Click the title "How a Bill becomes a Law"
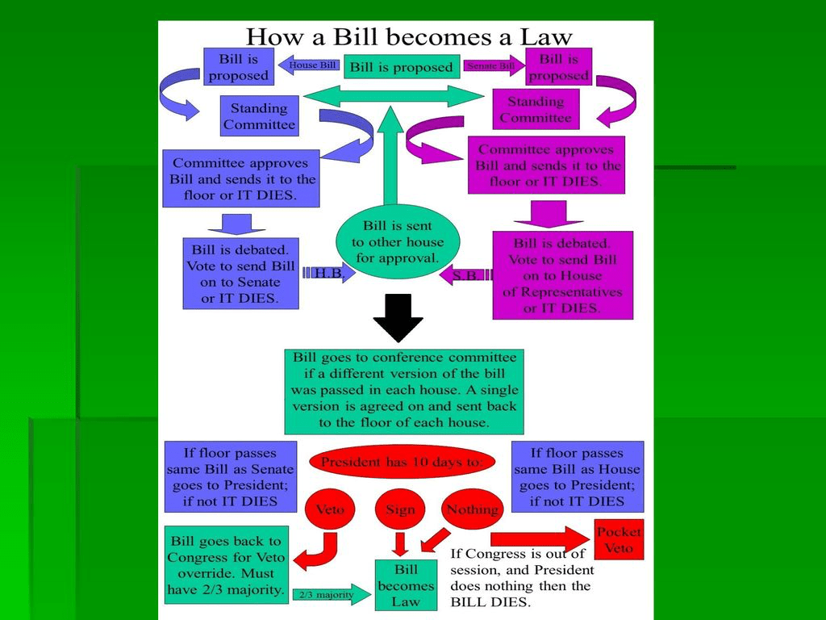(x=408, y=37)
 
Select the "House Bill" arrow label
(x=310, y=65)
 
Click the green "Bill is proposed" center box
(x=402, y=67)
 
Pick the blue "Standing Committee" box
(x=259, y=116)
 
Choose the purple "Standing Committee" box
(x=535, y=110)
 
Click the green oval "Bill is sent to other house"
(x=398, y=242)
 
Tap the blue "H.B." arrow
(x=329, y=274)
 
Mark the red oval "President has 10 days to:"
(x=402, y=463)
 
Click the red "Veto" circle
(x=330, y=509)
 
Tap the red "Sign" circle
(x=400, y=509)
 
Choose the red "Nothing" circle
(x=472, y=509)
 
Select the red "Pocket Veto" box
(x=619, y=539)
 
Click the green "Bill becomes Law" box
(x=406, y=585)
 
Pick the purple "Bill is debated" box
(x=562, y=275)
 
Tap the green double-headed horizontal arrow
(x=393, y=96)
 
